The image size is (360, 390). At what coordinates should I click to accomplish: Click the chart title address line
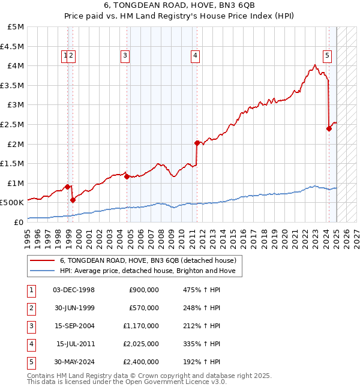[x=180, y=5]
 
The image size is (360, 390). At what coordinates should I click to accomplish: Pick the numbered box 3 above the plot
[x=125, y=56]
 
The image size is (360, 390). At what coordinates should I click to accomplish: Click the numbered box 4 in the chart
[x=196, y=56]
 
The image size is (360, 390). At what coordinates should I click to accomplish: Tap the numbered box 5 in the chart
[x=328, y=56]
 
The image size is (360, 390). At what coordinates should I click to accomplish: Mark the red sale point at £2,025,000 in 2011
[x=197, y=143]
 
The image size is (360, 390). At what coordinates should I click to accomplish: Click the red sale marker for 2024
[x=329, y=128]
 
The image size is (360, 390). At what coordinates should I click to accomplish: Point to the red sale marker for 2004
[x=127, y=176]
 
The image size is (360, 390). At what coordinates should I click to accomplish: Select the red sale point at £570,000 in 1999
[x=73, y=200]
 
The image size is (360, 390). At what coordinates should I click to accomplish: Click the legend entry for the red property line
[x=148, y=260]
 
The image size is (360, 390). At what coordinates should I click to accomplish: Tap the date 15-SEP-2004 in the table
[x=74, y=326]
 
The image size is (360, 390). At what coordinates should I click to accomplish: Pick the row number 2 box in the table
[x=31, y=308]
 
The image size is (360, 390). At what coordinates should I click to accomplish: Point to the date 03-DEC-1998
[x=74, y=290]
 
